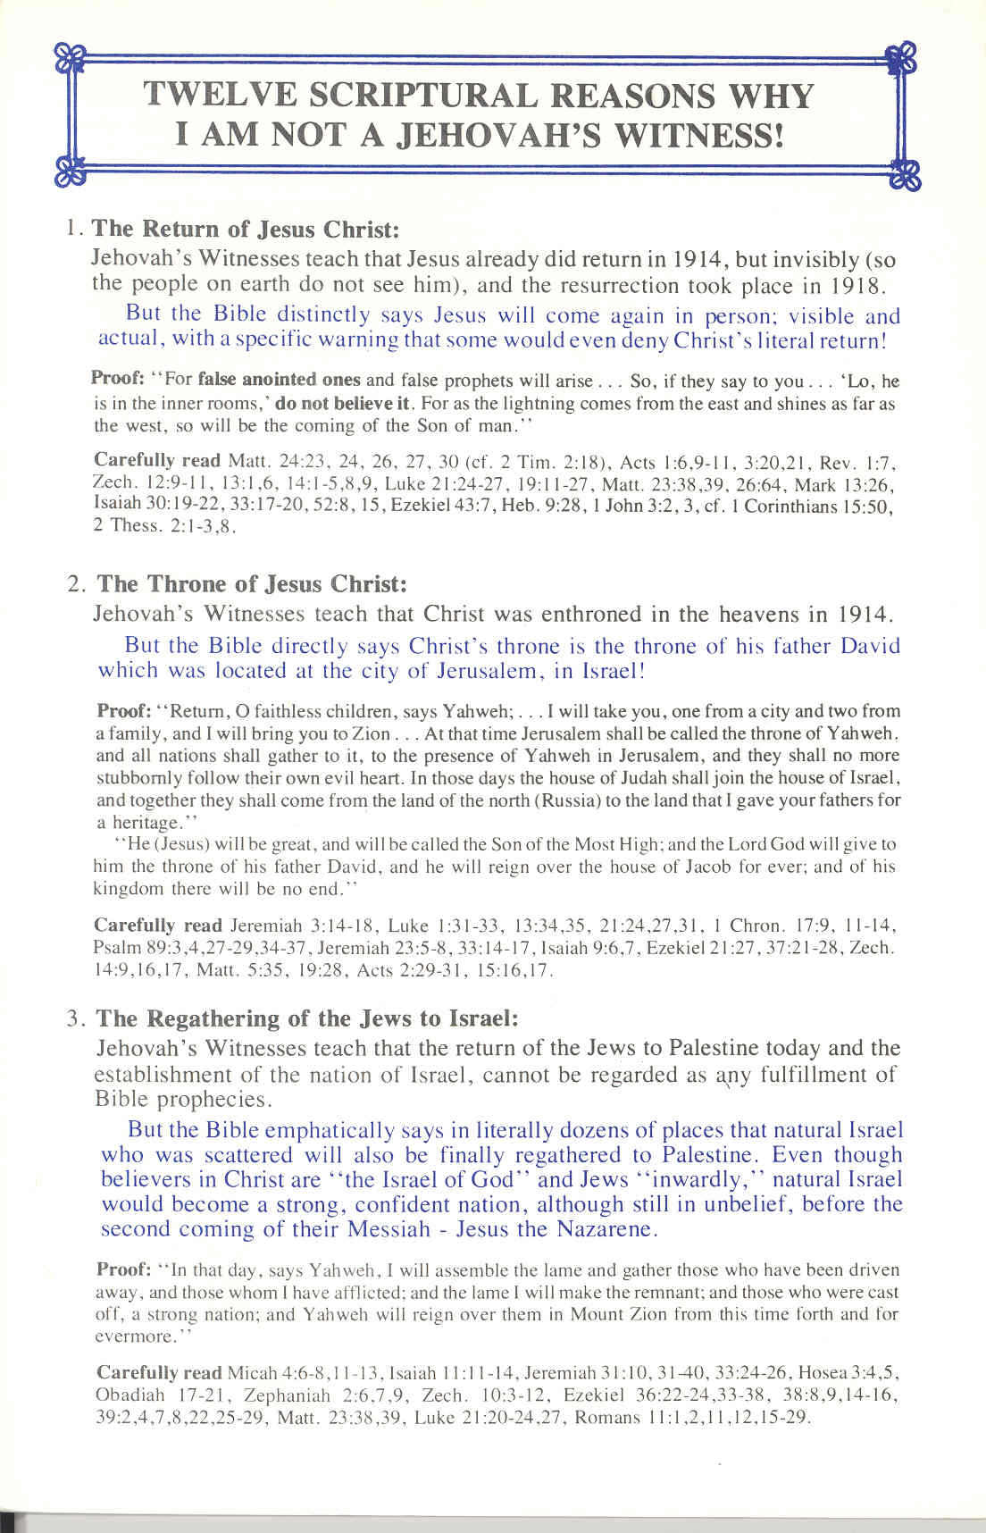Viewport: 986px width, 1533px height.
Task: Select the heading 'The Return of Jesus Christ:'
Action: (246, 229)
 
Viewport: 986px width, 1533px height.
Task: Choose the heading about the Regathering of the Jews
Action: (306, 1018)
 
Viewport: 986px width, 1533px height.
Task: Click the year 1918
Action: (852, 285)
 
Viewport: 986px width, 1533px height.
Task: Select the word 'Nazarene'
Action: (606, 1228)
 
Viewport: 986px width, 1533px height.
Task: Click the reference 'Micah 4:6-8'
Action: (267, 1372)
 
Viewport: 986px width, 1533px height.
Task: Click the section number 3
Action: (75, 1019)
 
